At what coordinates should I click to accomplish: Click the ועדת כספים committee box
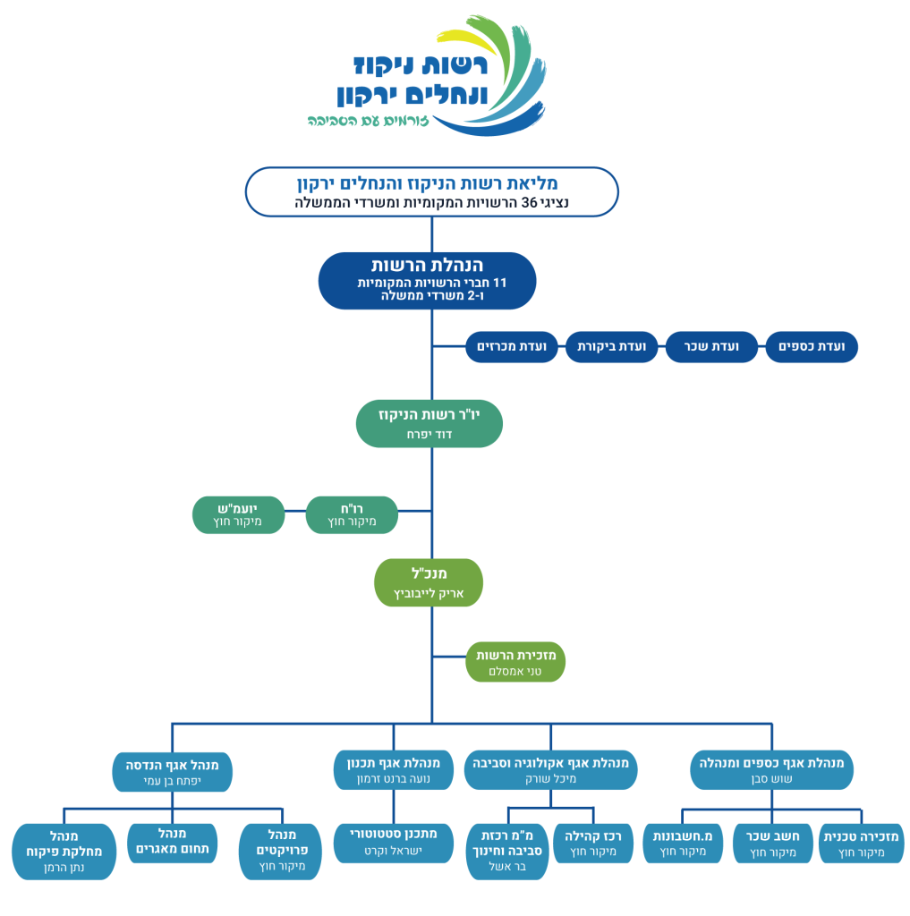(812, 347)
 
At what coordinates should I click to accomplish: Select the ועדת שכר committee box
(711, 347)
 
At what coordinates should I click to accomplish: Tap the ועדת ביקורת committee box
(611, 347)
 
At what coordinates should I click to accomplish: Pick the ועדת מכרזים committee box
(512, 347)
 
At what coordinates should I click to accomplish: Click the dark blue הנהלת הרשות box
(427, 281)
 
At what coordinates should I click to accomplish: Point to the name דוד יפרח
(429, 435)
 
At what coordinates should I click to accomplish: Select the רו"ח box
(352, 514)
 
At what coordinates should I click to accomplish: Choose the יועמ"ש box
(238, 514)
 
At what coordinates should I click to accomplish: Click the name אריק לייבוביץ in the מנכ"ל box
(429, 594)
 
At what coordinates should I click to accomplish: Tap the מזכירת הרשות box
(515, 662)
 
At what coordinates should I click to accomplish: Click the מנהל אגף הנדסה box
(173, 772)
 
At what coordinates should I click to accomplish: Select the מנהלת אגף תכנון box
(394, 770)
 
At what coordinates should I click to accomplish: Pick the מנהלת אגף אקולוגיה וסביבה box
(550, 770)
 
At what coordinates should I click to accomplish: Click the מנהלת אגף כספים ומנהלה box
(771, 770)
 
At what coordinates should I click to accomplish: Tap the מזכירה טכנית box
(862, 844)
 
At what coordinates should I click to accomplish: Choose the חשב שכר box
(773, 844)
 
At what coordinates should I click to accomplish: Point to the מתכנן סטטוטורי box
(394, 843)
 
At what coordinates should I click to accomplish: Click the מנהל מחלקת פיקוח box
(64, 852)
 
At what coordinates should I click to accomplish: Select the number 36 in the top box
(529, 203)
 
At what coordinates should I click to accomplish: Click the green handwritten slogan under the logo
(369, 121)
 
